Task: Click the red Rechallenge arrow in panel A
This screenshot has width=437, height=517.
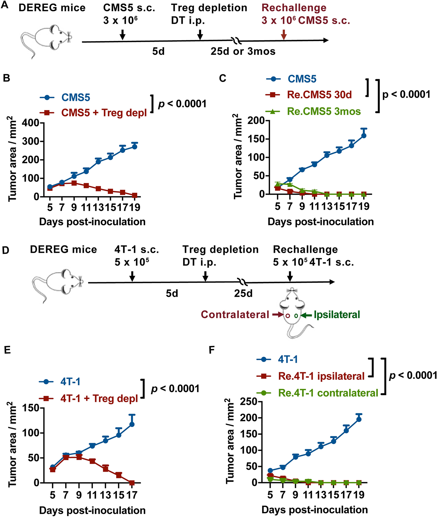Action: (x=284, y=34)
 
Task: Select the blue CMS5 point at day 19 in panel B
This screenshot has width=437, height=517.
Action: (x=135, y=147)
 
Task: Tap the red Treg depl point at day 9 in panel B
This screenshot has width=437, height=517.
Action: (x=74, y=183)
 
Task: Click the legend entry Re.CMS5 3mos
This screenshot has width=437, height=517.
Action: (x=324, y=111)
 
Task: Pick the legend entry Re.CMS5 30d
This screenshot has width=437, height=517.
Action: (x=319, y=95)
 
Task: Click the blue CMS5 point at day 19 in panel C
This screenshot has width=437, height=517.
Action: (x=364, y=136)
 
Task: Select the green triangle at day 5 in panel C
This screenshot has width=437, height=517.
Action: (x=277, y=184)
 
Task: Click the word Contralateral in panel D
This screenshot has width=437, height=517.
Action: (x=235, y=314)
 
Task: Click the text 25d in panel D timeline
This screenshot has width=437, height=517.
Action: (x=243, y=294)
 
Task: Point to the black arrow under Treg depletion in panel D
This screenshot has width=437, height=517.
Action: (x=205, y=277)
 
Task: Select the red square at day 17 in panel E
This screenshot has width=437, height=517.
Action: (x=132, y=483)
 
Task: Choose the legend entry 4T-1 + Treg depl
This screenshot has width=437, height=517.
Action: (x=99, y=398)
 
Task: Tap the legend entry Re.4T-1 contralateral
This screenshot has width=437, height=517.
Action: (x=328, y=393)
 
